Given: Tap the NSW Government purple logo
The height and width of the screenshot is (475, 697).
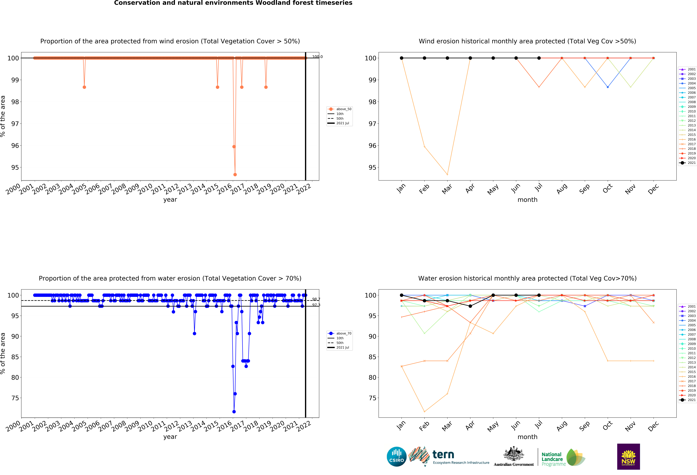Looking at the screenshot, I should (x=628, y=456).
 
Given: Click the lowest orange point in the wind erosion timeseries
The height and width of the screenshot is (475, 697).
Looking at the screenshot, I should (x=235, y=174).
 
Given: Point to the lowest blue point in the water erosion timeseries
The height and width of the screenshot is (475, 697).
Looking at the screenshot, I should (x=234, y=412).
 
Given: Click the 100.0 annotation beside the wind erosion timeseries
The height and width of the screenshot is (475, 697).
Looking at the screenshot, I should (x=317, y=57).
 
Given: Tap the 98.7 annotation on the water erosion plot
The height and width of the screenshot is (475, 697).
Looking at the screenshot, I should (x=316, y=299).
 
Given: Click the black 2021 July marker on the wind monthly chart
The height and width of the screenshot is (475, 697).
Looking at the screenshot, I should (x=539, y=58).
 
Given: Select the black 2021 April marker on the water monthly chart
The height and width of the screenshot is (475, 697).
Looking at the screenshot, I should (x=470, y=306).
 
